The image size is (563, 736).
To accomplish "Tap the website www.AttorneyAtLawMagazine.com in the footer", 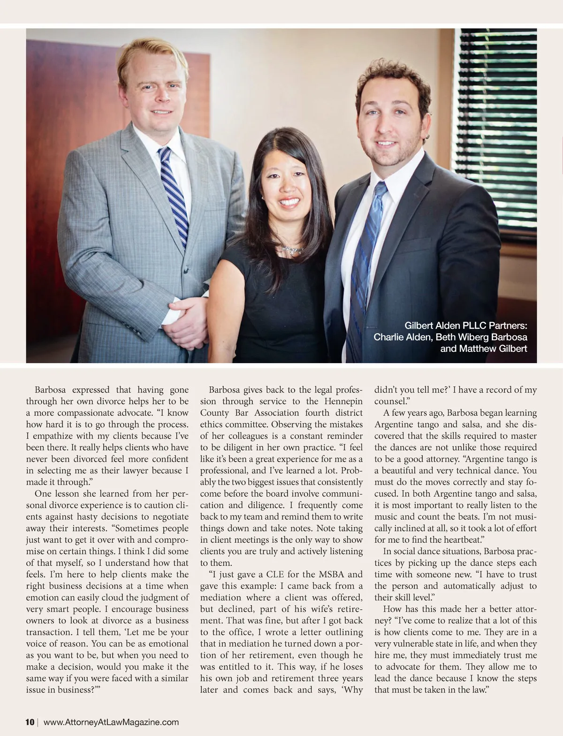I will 111,722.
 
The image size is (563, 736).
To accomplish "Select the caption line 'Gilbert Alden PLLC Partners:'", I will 466,326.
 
